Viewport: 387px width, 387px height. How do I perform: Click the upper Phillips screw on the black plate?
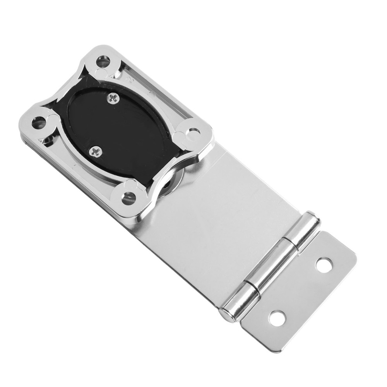[x=113, y=99]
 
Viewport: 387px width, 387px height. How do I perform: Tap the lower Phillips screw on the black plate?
[x=95, y=151]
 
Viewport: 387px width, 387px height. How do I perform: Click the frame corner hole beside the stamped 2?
[x=103, y=61]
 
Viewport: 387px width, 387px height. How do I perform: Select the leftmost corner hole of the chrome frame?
[x=38, y=123]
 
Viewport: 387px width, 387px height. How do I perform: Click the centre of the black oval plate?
[x=116, y=128]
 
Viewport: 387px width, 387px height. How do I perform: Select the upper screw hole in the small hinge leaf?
[x=324, y=265]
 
